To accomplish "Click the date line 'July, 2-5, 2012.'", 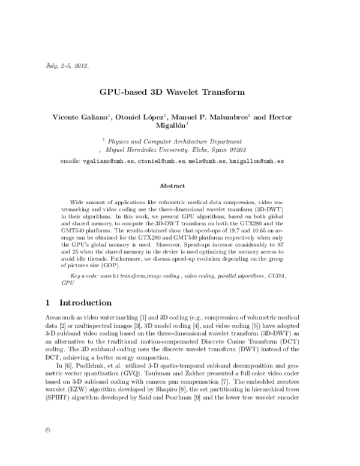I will [67, 65].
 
